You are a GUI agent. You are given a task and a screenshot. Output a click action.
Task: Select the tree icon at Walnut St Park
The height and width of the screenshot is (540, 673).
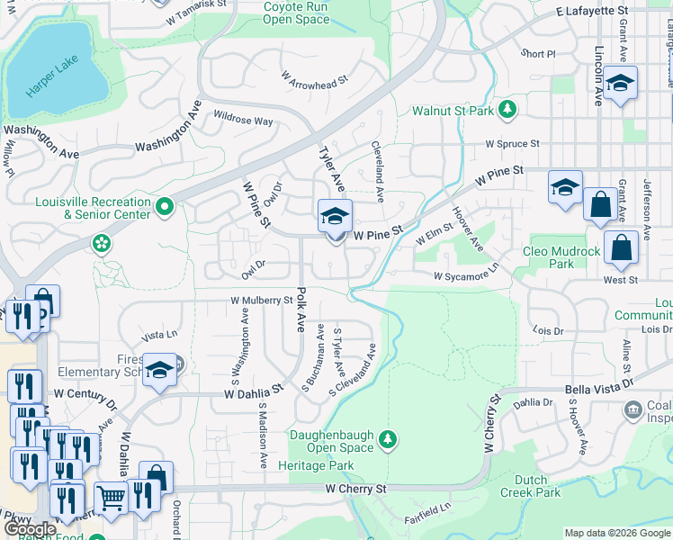click(x=508, y=109)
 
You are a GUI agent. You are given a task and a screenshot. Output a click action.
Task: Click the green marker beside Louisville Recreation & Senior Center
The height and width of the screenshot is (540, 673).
click(x=164, y=208)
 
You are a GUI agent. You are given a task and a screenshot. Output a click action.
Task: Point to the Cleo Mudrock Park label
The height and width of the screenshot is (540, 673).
click(x=561, y=257)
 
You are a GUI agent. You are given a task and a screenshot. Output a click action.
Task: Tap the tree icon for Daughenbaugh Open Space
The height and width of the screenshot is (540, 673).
click(x=388, y=438)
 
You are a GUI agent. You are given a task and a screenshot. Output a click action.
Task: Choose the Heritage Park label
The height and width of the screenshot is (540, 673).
click(x=316, y=465)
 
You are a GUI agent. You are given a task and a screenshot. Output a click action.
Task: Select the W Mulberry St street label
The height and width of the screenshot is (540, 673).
click(x=262, y=300)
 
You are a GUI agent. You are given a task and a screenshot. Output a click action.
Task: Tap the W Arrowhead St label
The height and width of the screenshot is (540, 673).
click(x=313, y=81)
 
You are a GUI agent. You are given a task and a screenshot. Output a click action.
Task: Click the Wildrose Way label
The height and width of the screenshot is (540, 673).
click(x=243, y=120)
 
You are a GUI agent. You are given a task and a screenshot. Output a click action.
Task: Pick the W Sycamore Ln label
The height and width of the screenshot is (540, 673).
click(x=465, y=275)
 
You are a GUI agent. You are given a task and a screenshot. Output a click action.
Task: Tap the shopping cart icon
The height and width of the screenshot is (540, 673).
click(x=111, y=496)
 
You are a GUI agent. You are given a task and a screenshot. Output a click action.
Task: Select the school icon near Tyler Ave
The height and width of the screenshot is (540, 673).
click(x=335, y=217)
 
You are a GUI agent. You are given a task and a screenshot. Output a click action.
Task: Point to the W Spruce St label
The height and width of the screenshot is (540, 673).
click(x=512, y=143)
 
